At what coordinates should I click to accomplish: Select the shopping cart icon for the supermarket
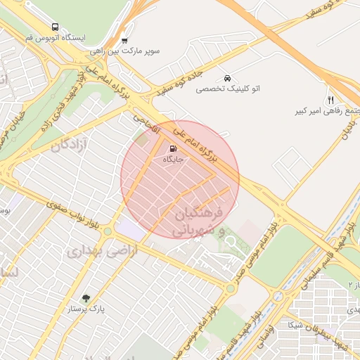tap(125, 40)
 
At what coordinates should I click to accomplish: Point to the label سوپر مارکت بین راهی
tap(125, 52)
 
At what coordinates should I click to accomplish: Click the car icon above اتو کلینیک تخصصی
tap(227, 77)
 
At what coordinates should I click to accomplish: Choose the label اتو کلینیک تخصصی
tap(228, 89)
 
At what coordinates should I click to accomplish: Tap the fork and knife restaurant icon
tap(330, 100)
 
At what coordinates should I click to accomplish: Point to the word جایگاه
tap(173, 160)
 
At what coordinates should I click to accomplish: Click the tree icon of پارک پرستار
tap(86, 297)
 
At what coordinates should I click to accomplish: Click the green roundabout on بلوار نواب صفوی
tap(108, 231)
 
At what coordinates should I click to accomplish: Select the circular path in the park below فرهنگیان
tap(229, 243)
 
